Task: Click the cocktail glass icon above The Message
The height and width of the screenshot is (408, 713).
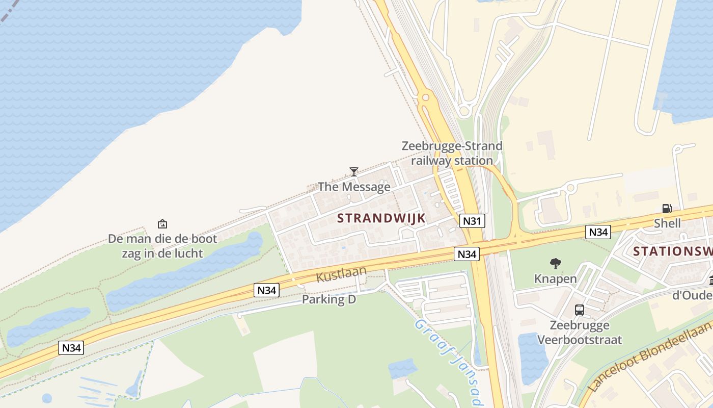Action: click(x=354, y=172)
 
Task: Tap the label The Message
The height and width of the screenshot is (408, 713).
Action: click(x=354, y=187)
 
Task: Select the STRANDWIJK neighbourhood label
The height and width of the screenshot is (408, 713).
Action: click(x=381, y=218)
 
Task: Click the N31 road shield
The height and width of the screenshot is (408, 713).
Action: click(x=472, y=221)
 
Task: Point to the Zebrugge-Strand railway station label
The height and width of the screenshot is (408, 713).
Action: click(x=452, y=153)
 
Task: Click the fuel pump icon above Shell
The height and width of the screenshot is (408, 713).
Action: click(x=667, y=208)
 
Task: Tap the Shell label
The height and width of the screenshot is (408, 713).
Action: click(x=667, y=223)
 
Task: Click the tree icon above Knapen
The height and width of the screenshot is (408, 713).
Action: click(x=556, y=264)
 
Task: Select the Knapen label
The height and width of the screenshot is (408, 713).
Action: click(x=556, y=278)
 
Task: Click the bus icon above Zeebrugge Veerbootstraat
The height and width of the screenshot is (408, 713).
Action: click(x=580, y=310)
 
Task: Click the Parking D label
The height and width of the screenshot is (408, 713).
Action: click(x=329, y=299)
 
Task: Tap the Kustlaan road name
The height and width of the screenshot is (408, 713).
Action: click(x=341, y=274)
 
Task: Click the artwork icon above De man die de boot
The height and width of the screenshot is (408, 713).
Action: click(x=162, y=223)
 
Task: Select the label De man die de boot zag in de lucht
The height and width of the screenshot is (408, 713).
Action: click(x=162, y=246)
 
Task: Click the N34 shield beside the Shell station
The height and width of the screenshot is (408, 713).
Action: click(x=598, y=232)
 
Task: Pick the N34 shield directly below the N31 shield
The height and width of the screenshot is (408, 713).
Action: click(x=467, y=253)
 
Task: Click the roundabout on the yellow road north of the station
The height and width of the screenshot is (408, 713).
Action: click(x=425, y=97)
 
